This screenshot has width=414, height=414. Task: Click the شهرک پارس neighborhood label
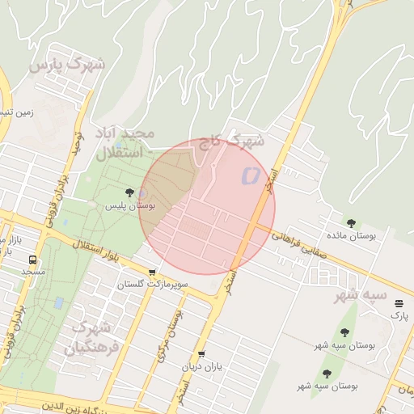click(67, 64)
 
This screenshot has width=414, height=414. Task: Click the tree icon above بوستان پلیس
click(129, 192)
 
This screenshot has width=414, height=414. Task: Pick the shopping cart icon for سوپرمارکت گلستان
click(152, 272)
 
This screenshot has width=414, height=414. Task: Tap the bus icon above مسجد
click(32, 260)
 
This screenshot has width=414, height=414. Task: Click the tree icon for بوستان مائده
click(351, 223)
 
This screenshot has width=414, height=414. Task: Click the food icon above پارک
click(399, 303)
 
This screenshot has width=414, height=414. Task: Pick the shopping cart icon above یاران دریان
click(201, 354)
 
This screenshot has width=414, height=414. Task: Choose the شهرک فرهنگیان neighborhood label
click(96, 339)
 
